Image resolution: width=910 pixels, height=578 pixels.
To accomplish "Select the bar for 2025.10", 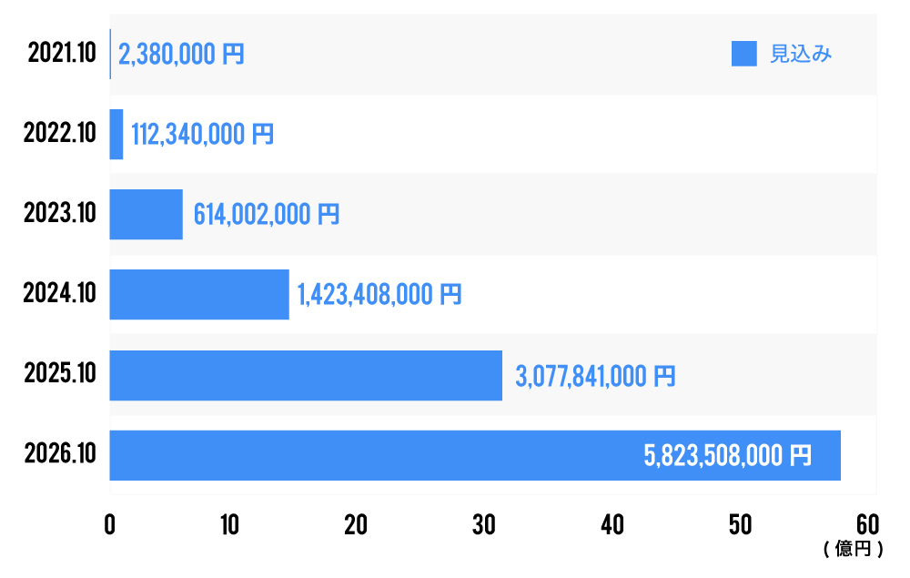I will click(306, 375).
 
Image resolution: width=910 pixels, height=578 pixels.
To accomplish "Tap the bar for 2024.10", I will click(199, 294).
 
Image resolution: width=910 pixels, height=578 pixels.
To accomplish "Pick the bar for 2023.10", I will click(146, 214).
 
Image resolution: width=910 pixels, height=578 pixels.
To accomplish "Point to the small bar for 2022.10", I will click(116, 134).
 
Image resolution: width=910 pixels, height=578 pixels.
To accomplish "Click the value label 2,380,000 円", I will click(181, 55).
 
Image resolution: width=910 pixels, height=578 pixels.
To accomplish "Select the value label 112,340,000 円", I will click(202, 135).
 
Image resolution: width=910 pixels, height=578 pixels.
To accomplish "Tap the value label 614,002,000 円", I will click(266, 215).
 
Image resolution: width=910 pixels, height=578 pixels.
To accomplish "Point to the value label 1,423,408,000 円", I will click(379, 295).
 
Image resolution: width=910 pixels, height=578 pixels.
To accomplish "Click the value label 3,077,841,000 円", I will click(595, 375).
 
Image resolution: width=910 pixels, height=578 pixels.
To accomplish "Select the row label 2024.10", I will click(60, 294).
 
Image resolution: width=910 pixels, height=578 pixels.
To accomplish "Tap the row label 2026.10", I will click(60, 455).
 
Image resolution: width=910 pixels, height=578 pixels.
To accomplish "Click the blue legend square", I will click(744, 55).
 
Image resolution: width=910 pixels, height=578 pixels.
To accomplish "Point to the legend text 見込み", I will click(802, 55).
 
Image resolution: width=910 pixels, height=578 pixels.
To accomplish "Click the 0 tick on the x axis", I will click(110, 525).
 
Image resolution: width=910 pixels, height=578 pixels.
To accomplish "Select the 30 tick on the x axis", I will click(483, 525).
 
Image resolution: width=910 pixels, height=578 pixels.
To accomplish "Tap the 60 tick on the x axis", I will click(867, 525).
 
